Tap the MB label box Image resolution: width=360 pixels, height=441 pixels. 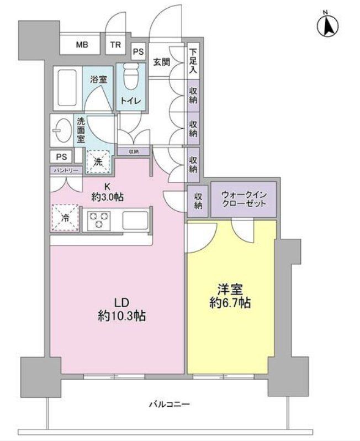coord(82,45)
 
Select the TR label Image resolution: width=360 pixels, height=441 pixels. coord(117,45)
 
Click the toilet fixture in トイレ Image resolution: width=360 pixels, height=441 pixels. coord(131,78)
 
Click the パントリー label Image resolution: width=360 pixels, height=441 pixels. coord(66,170)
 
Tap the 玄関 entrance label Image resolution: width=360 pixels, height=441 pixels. coord(161,61)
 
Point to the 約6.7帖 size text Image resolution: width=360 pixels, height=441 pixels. coord(232,303)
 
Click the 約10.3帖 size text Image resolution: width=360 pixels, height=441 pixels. coord(122,316)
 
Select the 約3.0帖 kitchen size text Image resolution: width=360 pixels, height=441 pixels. coord(108,196)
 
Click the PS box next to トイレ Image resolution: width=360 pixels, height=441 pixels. coord(139,52)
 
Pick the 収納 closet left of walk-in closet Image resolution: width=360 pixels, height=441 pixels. coord(198,200)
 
